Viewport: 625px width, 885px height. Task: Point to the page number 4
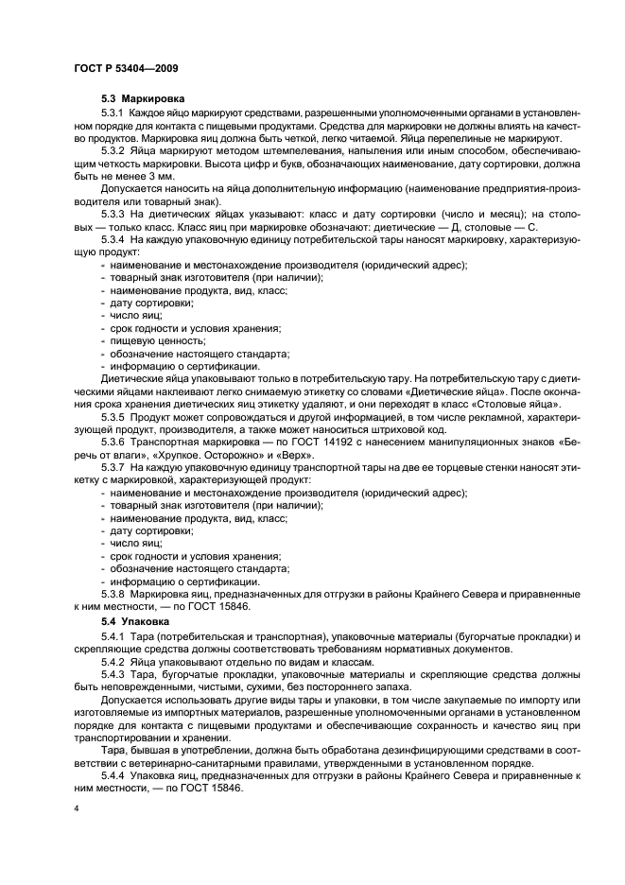(77, 809)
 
